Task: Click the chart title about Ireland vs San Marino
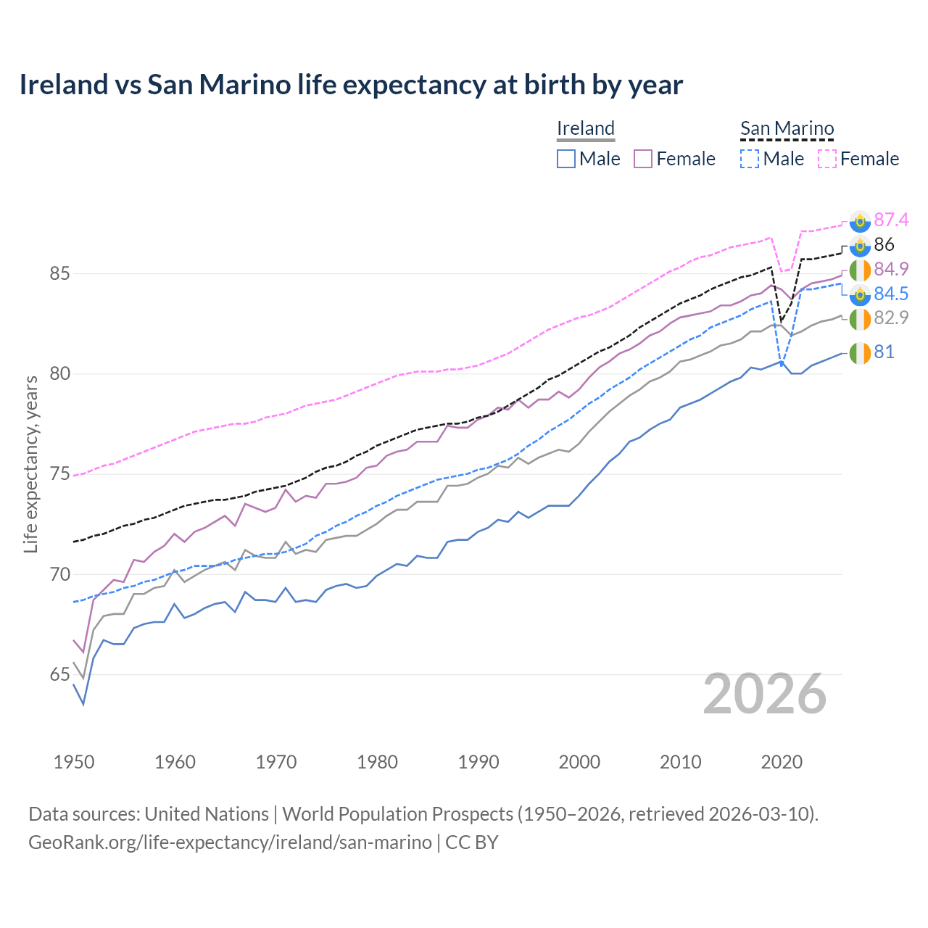click(x=351, y=85)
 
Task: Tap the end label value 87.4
click(x=891, y=220)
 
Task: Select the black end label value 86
click(x=884, y=244)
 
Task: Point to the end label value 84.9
click(x=891, y=269)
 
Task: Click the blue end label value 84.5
click(x=891, y=294)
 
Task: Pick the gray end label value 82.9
click(x=891, y=318)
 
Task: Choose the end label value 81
click(x=884, y=352)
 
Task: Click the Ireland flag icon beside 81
click(x=860, y=353)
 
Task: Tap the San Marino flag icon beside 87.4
click(x=860, y=221)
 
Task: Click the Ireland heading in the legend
click(x=586, y=128)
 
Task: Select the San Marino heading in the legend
click(x=787, y=129)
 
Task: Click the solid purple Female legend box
click(x=643, y=159)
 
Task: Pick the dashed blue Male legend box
click(x=750, y=159)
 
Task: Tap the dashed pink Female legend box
click(x=826, y=159)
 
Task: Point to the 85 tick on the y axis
click(x=59, y=274)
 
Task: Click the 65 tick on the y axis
click(x=59, y=675)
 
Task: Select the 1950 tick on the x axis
click(x=74, y=762)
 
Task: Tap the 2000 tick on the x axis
click(x=579, y=762)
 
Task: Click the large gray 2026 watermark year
click(x=765, y=694)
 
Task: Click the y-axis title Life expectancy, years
click(x=30, y=464)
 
